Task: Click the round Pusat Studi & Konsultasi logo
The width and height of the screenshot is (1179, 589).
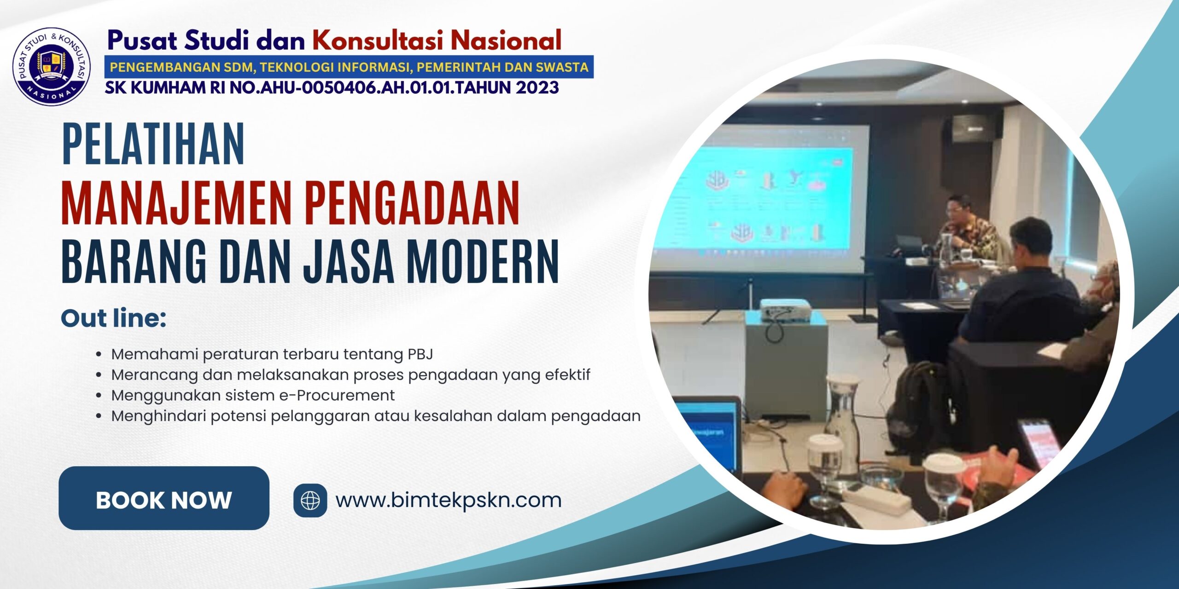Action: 52,66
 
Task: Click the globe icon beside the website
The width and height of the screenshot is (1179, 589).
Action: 310,500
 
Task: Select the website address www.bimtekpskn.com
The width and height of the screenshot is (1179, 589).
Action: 448,500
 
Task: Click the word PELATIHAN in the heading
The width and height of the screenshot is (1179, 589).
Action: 153,144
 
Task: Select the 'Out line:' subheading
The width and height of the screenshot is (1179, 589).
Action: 113,318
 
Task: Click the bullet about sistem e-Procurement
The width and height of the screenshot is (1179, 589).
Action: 253,395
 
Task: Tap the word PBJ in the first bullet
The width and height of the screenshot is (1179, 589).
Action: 420,354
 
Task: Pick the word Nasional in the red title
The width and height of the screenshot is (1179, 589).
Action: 506,40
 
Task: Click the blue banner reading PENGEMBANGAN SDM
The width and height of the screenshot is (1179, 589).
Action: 349,67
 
